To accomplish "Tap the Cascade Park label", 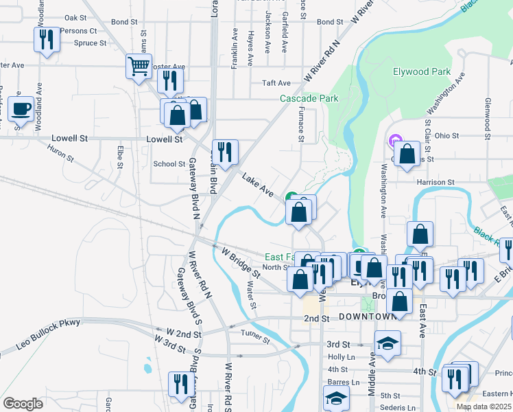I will point(309,98).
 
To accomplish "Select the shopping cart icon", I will point(139,67).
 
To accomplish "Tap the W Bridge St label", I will point(240,263).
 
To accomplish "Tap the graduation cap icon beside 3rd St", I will point(387,343).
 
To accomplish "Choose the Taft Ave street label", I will point(276,83).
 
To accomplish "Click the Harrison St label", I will point(436,182).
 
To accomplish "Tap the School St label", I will point(169,164).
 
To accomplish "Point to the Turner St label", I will point(256,333).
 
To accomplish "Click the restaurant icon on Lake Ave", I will point(225,150).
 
